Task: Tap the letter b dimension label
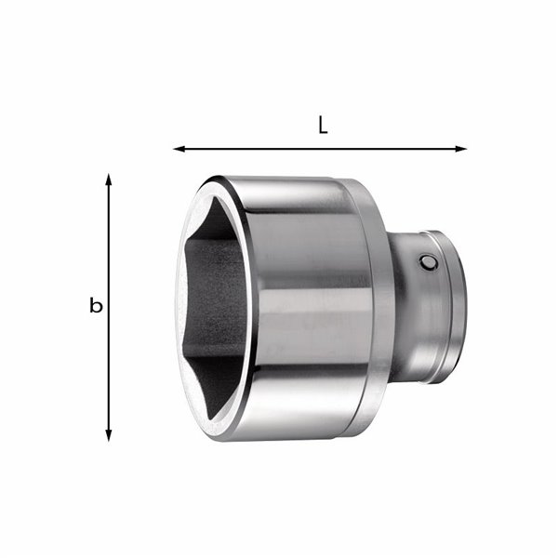click(95, 305)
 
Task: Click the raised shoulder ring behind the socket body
click(377, 307)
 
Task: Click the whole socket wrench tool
click(316, 307)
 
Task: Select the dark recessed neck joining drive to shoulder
click(398, 307)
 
